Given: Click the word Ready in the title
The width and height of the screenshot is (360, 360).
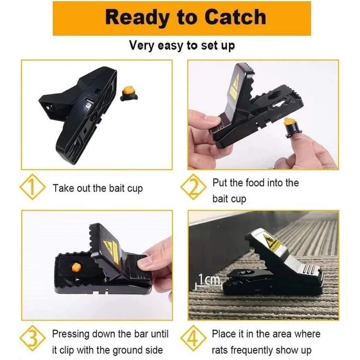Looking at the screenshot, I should [x=135, y=17].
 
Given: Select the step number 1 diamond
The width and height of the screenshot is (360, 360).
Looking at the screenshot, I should [x=32, y=188].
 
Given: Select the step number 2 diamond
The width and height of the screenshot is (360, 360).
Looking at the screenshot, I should [x=193, y=188].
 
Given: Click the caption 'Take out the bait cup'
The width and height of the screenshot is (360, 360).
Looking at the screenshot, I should [x=97, y=188].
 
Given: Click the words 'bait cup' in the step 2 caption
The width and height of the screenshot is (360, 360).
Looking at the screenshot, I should [x=229, y=199].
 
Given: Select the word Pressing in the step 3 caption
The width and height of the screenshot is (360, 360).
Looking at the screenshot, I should [x=71, y=334].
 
